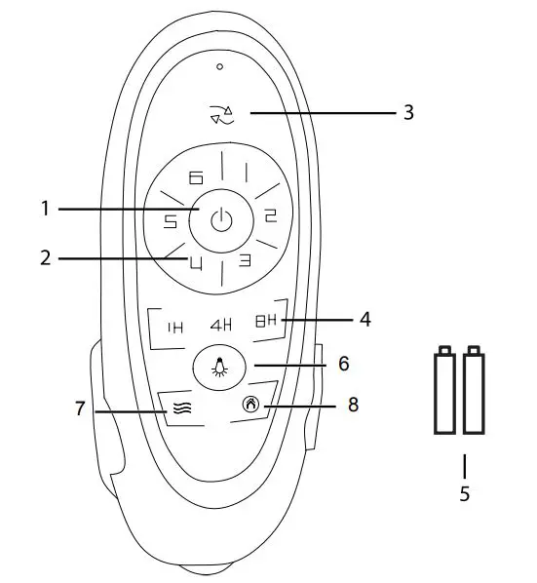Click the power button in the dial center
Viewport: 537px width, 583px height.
pyautogui.click(x=223, y=219)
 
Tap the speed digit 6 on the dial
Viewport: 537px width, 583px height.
pyautogui.click(x=196, y=177)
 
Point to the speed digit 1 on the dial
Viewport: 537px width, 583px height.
pyautogui.click(x=247, y=174)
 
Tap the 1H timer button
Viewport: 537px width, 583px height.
pyautogui.click(x=175, y=327)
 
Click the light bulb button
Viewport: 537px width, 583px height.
pyautogui.click(x=222, y=368)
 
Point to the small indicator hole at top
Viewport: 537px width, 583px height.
pyautogui.click(x=220, y=66)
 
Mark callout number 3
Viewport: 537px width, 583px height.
pyautogui.click(x=408, y=112)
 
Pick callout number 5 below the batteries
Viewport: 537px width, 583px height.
pyautogui.click(x=464, y=493)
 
